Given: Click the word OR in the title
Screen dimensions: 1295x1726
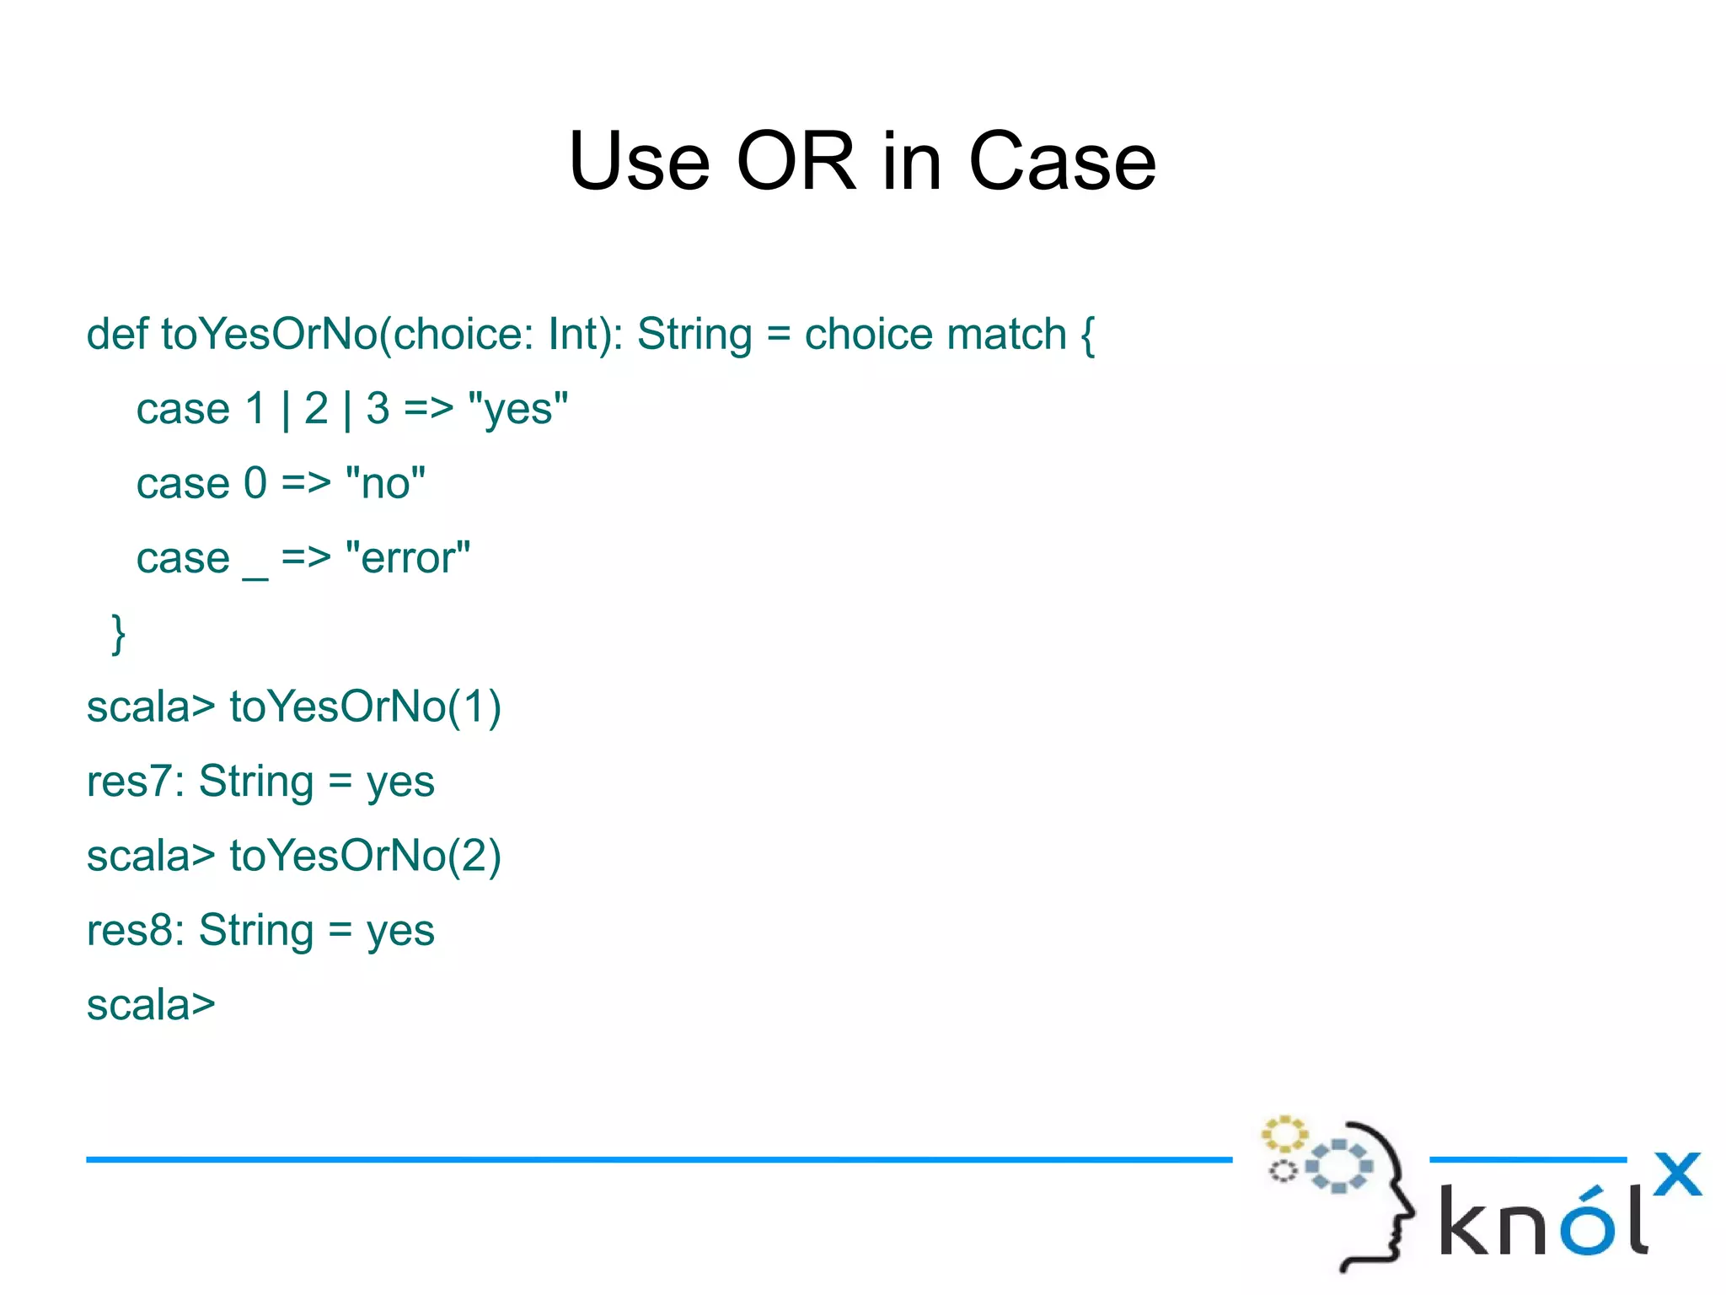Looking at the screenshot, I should [796, 162].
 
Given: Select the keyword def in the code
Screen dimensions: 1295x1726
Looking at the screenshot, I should [117, 334].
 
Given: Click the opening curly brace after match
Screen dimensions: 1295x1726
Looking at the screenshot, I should [1087, 336].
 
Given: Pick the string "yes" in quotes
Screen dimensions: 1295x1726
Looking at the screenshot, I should [517, 410].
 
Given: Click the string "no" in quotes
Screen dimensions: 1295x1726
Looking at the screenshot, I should [385, 484].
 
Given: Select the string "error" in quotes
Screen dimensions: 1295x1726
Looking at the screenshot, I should [408, 558].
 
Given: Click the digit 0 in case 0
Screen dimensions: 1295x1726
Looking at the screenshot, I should [255, 484].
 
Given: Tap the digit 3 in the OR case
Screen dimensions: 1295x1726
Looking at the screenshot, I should [378, 410].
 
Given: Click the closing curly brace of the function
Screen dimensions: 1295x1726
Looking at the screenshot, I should [119, 633].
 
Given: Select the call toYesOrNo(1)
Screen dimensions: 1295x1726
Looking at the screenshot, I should [365, 707].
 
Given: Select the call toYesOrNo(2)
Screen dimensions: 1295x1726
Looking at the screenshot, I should [365, 856].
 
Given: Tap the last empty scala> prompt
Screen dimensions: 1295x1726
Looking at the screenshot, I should [151, 1005].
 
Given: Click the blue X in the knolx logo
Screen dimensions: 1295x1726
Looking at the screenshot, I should [1676, 1174].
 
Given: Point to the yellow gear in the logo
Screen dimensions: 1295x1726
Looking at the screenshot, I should [1284, 1134].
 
